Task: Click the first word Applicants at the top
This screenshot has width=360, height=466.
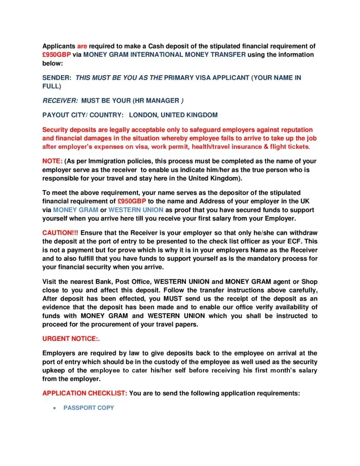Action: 59,46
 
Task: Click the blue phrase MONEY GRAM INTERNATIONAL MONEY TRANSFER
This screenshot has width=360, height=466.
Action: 164,55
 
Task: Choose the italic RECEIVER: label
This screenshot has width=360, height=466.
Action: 60,100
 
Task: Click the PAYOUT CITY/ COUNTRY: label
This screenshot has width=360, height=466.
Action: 83,115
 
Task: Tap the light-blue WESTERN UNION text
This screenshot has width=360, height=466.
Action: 136,210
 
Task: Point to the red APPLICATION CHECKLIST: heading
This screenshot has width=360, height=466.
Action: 85,393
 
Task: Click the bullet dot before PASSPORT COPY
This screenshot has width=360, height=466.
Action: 55,408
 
